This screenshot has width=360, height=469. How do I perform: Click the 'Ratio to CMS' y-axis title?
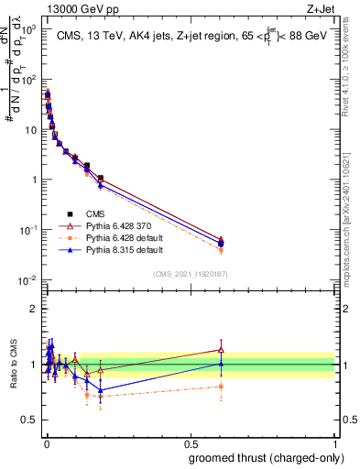coord(12,365)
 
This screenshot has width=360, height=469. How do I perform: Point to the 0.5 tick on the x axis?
coord(190,441)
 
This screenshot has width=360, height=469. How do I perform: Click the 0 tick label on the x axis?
coord(46,441)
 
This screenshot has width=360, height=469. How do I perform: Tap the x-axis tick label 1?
coord(334,441)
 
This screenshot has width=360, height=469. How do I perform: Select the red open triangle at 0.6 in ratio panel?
coord(222,349)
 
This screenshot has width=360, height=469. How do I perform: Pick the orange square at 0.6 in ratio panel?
coord(222,387)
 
